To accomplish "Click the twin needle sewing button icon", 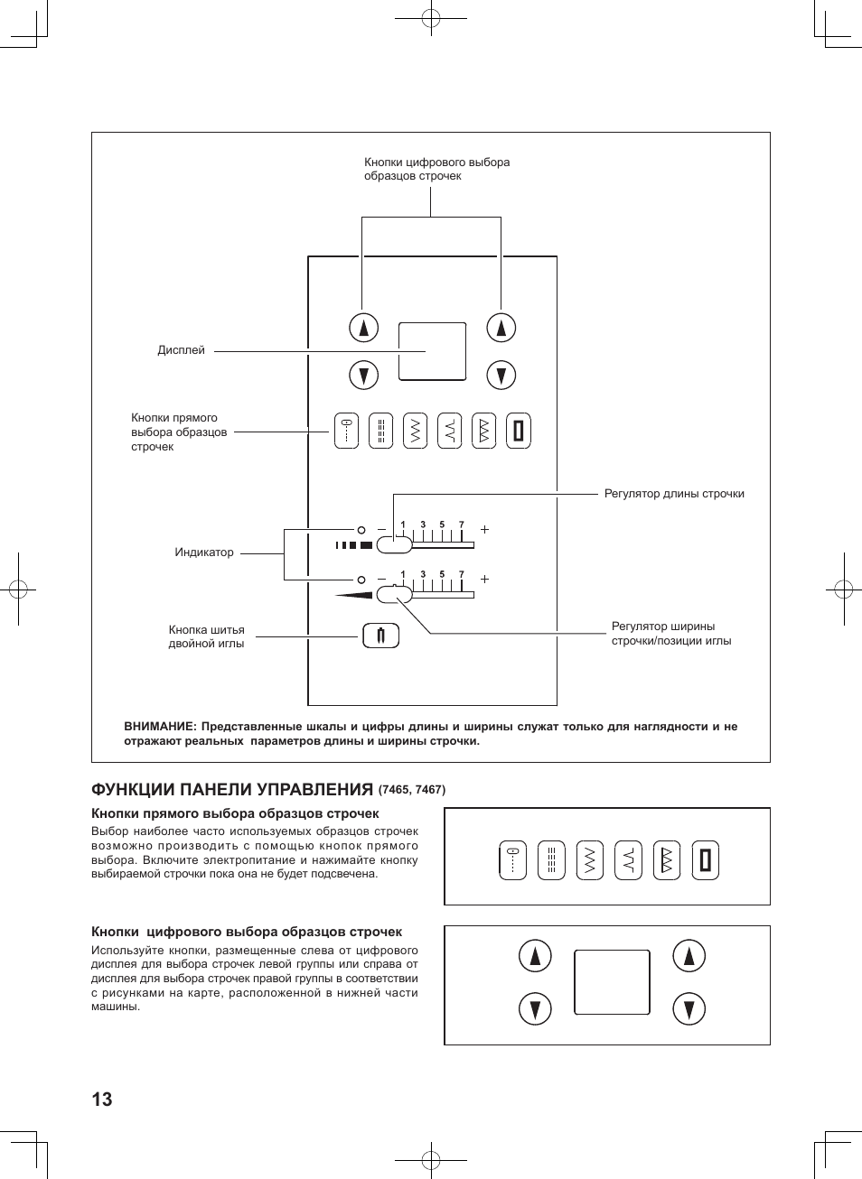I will pos(380,636).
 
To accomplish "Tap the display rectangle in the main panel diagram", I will pos(432,351).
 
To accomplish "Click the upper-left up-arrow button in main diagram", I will pos(363,328).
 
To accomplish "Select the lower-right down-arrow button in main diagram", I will pos(501,375).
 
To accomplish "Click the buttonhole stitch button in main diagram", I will pos(518,432).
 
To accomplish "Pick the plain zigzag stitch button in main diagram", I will pos(415,432).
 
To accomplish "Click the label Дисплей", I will pos(181,350).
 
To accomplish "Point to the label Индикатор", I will pos(204,552).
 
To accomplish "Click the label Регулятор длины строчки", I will pos(674,494).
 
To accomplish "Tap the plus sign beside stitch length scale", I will pos(485,529).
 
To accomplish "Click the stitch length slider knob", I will pos(394,544).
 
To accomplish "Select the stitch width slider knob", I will pos(394,594).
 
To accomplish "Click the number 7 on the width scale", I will pos(461,574).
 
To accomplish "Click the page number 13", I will pos(102,1099).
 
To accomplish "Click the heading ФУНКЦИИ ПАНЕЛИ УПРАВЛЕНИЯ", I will pos(232,790).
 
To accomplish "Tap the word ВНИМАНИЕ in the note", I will pos(160,727).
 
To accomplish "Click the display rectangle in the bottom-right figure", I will pos(612,982).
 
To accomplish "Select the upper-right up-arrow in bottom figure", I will pos(689,956).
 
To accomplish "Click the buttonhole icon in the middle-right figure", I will pos(705,860).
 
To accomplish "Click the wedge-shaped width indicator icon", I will pos(353,595).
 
